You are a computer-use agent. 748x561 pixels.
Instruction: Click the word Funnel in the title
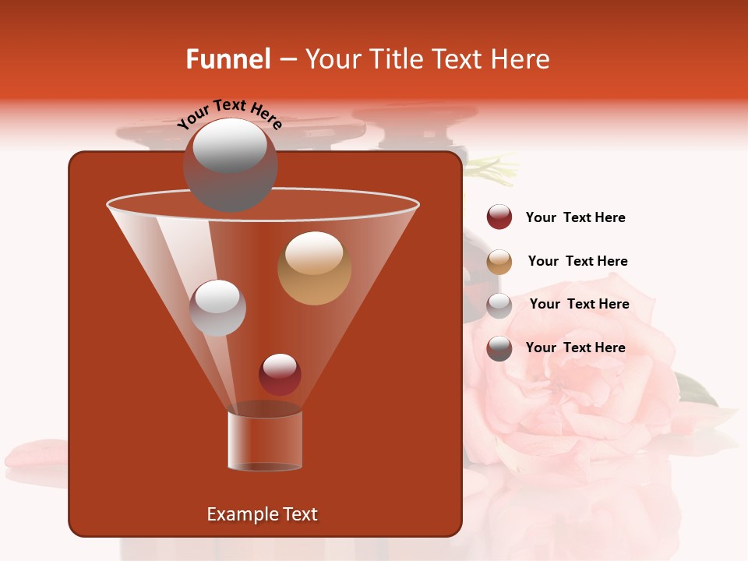tap(228, 59)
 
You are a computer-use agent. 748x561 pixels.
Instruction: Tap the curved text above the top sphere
tap(229, 113)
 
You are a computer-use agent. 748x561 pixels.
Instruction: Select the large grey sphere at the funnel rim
tap(230, 165)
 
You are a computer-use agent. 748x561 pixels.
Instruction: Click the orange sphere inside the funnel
tap(314, 267)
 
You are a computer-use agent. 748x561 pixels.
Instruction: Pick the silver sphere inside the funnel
tap(217, 308)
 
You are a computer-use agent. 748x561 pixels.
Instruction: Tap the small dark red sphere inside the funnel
tap(280, 374)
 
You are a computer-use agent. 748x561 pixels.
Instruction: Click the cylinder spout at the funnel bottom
tap(264, 440)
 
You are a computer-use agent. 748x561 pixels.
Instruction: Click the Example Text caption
tap(262, 514)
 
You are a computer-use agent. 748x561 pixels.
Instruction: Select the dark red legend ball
tap(499, 217)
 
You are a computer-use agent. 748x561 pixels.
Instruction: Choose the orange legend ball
tap(499, 262)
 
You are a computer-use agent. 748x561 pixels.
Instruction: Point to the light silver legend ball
tap(499, 305)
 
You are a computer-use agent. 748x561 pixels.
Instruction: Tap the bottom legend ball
tap(499, 348)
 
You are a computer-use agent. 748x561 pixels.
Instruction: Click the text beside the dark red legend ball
tap(575, 218)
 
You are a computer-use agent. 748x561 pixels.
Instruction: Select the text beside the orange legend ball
tap(577, 262)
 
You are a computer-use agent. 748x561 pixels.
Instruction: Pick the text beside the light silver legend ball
tap(579, 305)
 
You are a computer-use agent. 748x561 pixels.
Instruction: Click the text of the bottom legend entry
tap(575, 348)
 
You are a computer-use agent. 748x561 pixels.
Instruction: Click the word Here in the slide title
tap(520, 59)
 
